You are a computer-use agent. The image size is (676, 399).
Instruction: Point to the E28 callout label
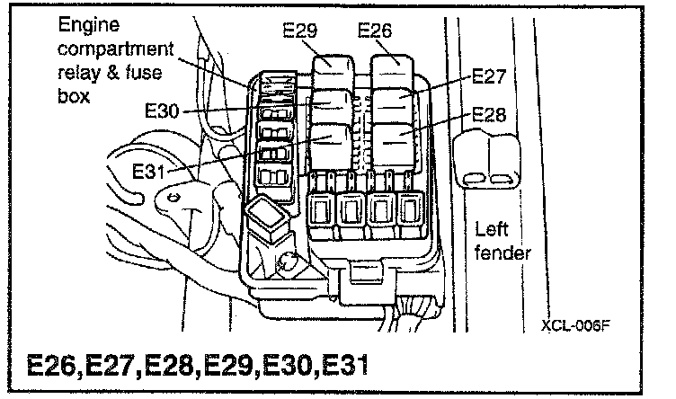coord(491,115)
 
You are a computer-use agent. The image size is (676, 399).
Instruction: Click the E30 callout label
coord(162,112)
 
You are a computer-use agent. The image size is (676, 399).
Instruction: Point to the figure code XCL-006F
coord(575,324)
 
